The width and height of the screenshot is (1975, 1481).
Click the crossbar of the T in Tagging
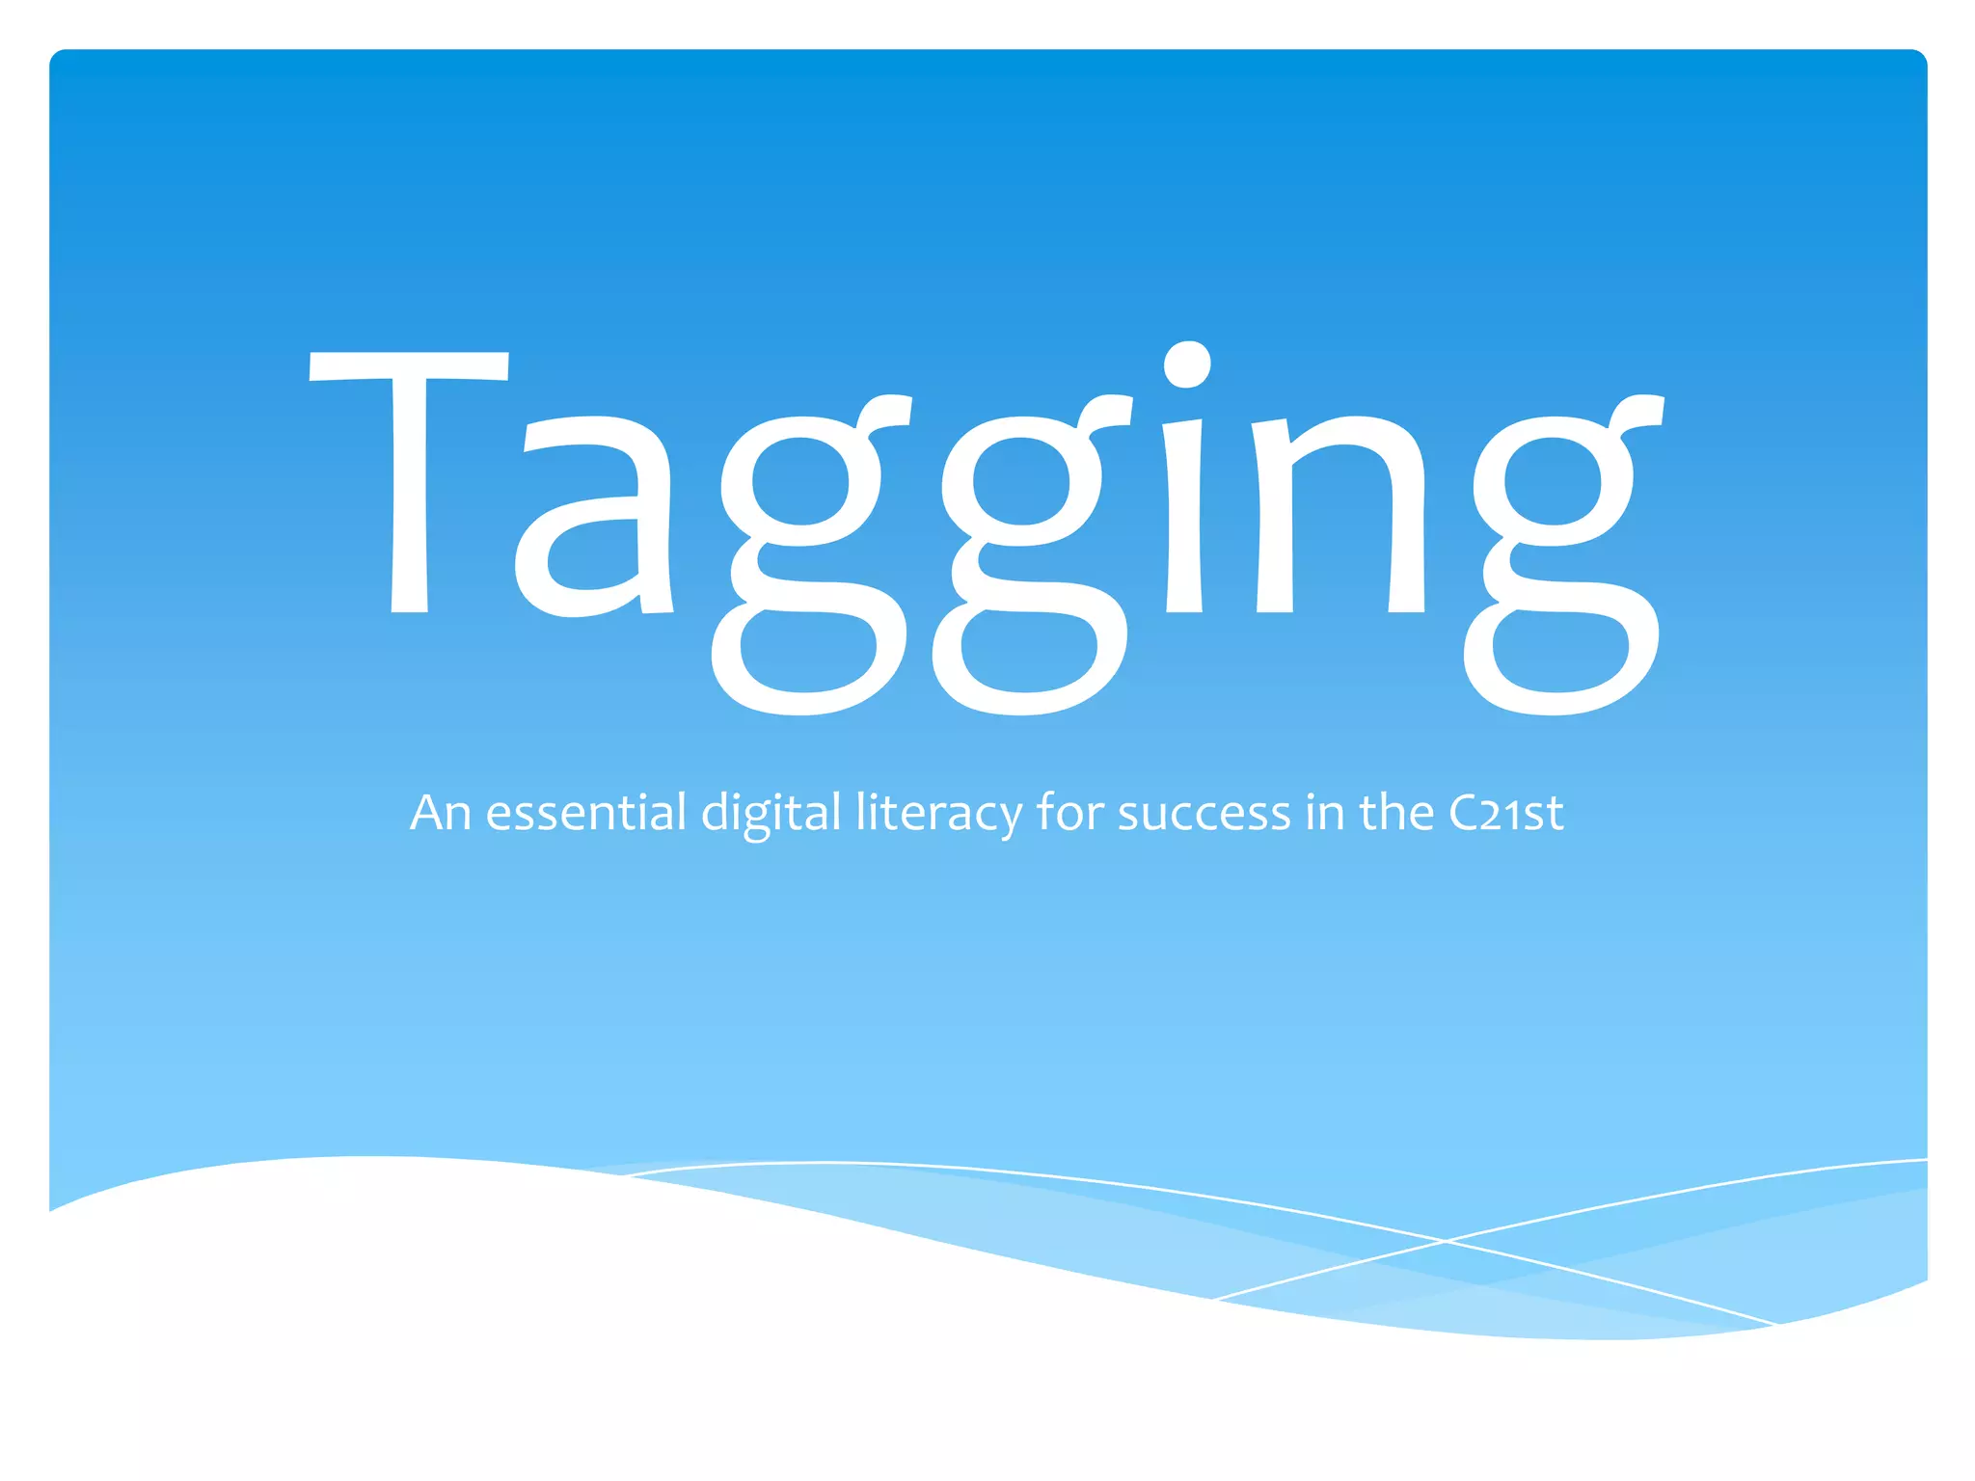coord(409,365)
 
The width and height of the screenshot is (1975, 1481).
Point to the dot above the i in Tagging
coord(1186,364)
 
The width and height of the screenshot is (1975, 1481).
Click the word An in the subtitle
coord(440,813)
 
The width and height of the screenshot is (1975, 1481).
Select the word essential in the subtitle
coord(586,813)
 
